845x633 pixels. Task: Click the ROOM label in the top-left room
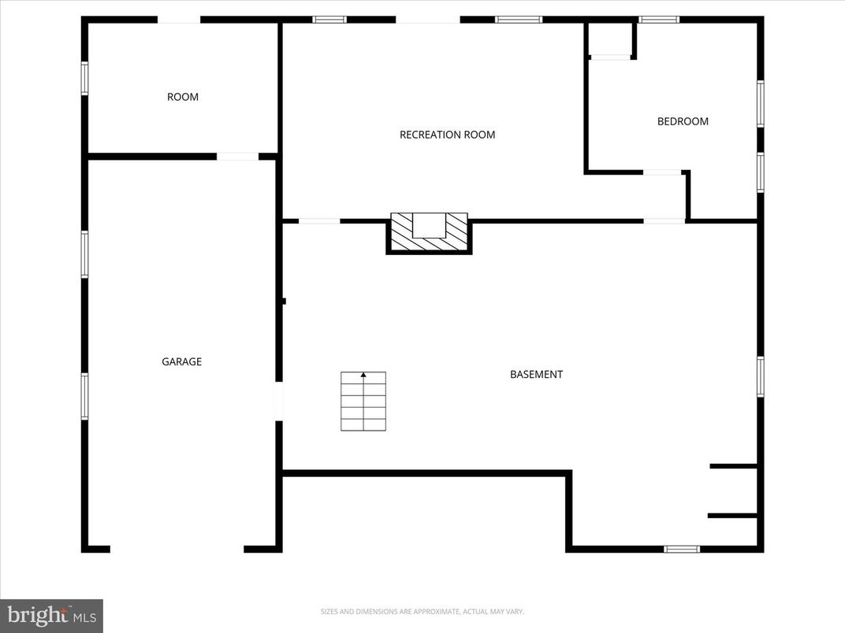pyautogui.click(x=183, y=97)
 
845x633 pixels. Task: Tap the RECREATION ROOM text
pyautogui.click(x=447, y=135)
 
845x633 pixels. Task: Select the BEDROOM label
pyautogui.click(x=683, y=121)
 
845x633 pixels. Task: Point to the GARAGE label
pyautogui.click(x=182, y=362)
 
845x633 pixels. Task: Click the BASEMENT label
pyautogui.click(x=536, y=375)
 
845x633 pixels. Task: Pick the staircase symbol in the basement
pyautogui.click(x=363, y=402)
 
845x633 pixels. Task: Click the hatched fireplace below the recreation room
pyautogui.click(x=429, y=233)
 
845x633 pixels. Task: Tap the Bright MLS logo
pyautogui.click(x=51, y=615)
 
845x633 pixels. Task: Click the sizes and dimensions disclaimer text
pyautogui.click(x=422, y=612)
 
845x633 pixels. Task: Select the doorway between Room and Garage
pyautogui.click(x=237, y=157)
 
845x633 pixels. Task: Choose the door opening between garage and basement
pyautogui.click(x=278, y=401)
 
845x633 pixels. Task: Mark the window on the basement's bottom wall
pyautogui.click(x=681, y=549)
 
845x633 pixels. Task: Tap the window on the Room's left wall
pyautogui.click(x=84, y=79)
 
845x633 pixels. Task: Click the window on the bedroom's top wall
pyautogui.click(x=658, y=20)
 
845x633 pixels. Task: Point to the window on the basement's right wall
pyautogui.click(x=761, y=376)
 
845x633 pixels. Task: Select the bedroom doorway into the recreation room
pyautogui.click(x=662, y=172)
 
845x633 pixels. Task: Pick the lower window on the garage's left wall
pyautogui.click(x=84, y=395)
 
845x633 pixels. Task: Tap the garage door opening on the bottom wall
pyautogui.click(x=177, y=549)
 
